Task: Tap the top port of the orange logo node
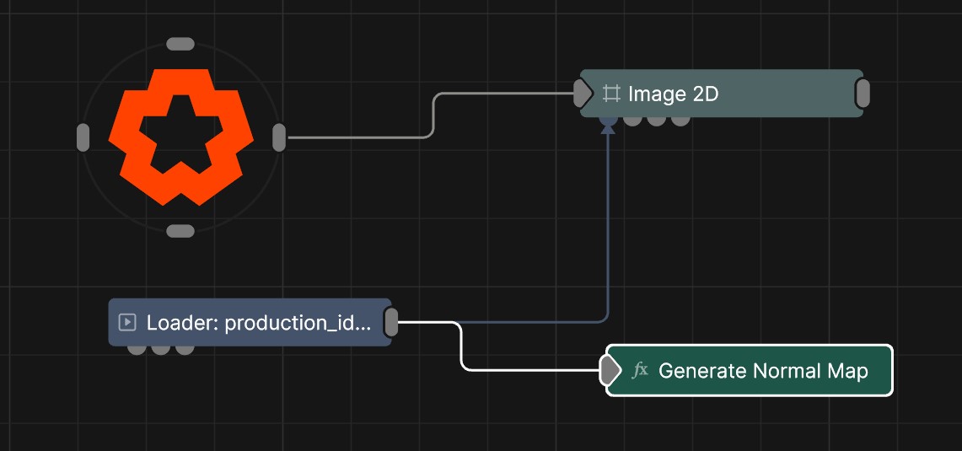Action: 180,44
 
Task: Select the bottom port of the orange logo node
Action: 180,231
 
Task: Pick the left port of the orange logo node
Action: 83,137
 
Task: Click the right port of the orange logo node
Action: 279,137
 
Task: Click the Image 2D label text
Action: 673,94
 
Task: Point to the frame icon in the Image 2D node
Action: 611,94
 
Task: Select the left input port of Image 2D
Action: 582,94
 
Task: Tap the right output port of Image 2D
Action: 863,94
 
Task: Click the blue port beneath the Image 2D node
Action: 608,120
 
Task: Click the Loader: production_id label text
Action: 257,322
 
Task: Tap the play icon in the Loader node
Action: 127,322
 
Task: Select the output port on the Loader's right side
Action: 391,322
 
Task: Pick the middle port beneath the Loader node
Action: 161,348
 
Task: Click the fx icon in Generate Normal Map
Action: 640,370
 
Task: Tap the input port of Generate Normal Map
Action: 609,370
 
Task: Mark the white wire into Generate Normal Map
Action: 462,346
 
